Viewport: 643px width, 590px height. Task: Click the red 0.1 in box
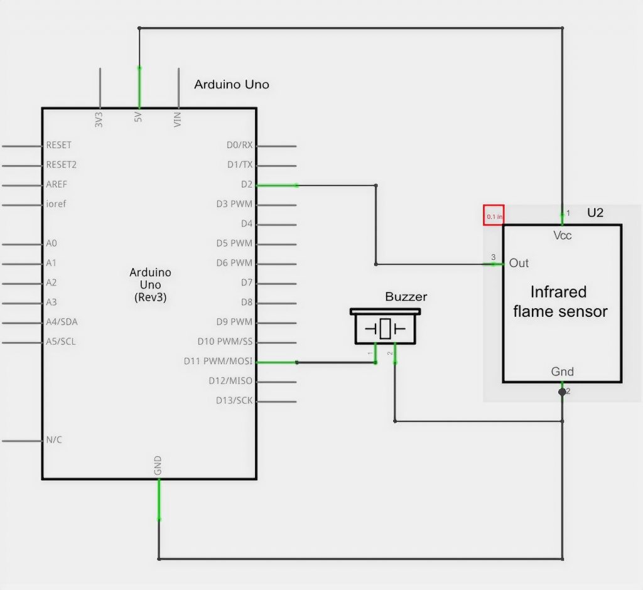(x=494, y=215)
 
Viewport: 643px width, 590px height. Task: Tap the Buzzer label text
(x=406, y=297)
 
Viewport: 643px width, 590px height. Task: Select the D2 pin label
(x=246, y=185)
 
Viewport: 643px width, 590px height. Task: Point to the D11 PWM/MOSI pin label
(x=218, y=362)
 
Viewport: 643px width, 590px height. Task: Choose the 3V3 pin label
(x=99, y=120)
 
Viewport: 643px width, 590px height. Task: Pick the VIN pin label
(x=178, y=119)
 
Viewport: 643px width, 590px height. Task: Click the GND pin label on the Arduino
(x=158, y=465)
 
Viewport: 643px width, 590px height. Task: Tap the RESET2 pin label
(x=62, y=164)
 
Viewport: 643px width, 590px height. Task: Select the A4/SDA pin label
(x=62, y=322)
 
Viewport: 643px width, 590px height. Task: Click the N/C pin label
(x=54, y=440)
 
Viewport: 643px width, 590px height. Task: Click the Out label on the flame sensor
(x=519, y=263)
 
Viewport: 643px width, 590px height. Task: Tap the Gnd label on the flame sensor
(x=562, y=372)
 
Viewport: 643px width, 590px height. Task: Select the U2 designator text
(x=595, y=213)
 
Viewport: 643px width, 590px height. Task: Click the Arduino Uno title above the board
(x=231, y=84)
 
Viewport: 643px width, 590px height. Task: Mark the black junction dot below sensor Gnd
(x=562, y=392)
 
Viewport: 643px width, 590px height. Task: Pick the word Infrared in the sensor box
(x=558, y=292)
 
